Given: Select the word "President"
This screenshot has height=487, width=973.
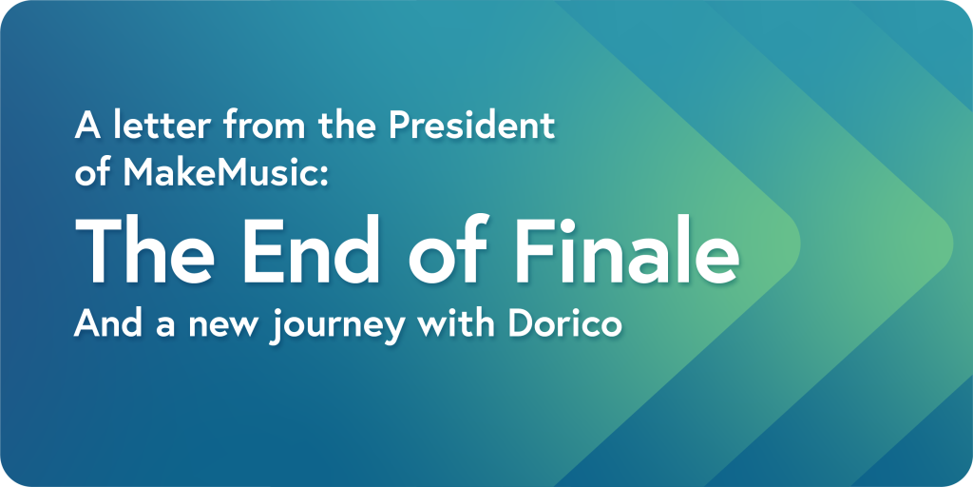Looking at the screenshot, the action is tap(471, 125).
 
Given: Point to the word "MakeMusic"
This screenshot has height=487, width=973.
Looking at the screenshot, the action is tap(219, 173).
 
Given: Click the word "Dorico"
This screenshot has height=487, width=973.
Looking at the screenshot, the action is tap(564, 323).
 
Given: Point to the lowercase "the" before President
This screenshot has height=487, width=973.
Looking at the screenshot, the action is tap(348, 125).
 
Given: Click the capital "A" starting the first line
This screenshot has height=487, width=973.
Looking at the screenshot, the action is tap(86, 126).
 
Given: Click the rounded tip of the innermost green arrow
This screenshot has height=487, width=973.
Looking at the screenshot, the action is tap(798, 244).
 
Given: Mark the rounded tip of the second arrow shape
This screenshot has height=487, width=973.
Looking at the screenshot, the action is tap(950, 244).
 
